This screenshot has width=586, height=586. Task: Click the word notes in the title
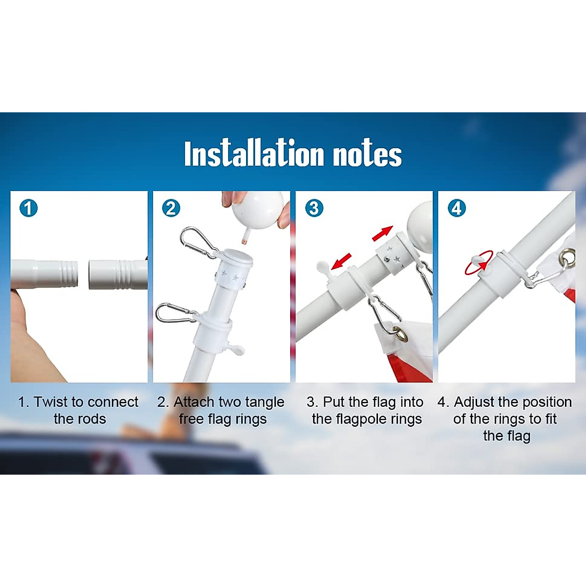pyautogui.click(x=367, y=154)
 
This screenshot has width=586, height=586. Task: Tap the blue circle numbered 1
pyautogui.click(x=28, y=209)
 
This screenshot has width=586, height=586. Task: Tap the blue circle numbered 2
pyautogui.click(x=171, y=209)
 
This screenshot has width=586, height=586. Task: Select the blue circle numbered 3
pyautogui.click(x=314, y=209)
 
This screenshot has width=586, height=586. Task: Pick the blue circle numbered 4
pyautogui.click(x=457, y=209)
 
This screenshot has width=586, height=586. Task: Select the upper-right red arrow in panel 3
pyautogui.click(x=382, y=233)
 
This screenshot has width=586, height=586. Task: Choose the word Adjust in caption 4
pyautogui.click(x=474, y=402)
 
